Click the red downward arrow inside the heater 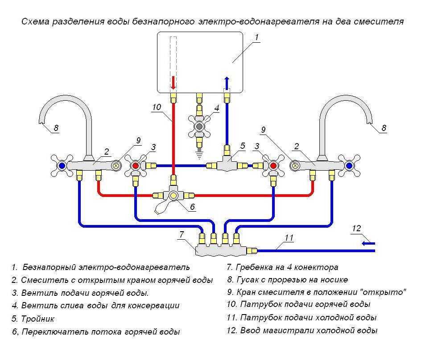pyautogui.click(x=174, y=82)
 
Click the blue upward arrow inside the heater pyautogui.click(x=227, y=83)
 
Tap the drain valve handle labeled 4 pyautogui.click(x=199, y=127)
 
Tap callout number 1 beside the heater pyautogui.click(x=257, y=38)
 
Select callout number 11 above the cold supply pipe pyautogui.click(x=289, y=237)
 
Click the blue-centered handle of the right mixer pyautogui.click(x=349, y=166)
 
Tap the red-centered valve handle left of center pyautogui.click(x=136, y=166)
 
